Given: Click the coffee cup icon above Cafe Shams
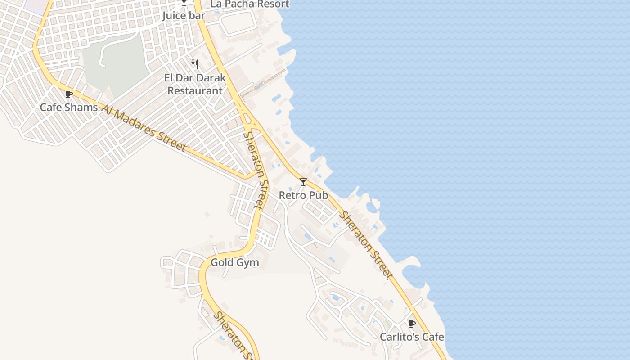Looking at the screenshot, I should [69, 94].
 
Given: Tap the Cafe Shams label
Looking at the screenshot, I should [69, 108].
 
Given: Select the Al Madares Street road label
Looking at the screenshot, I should [144, 128].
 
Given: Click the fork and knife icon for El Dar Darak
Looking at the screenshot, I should [195, 64].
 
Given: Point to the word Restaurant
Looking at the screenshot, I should [195, 90].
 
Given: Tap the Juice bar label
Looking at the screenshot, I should [184, 16].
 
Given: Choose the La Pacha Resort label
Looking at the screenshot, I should [250, 4].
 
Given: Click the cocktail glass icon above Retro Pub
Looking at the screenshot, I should [303, 182].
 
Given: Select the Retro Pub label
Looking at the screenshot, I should [303, 195].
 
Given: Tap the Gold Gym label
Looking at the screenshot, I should [235, 262].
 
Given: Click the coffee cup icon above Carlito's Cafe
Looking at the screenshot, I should [411, 324].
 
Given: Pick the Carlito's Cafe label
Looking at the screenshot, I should [412, 337].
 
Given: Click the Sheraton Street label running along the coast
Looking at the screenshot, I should [366, 245].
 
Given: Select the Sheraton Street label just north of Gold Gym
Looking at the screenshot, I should [255, 170].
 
